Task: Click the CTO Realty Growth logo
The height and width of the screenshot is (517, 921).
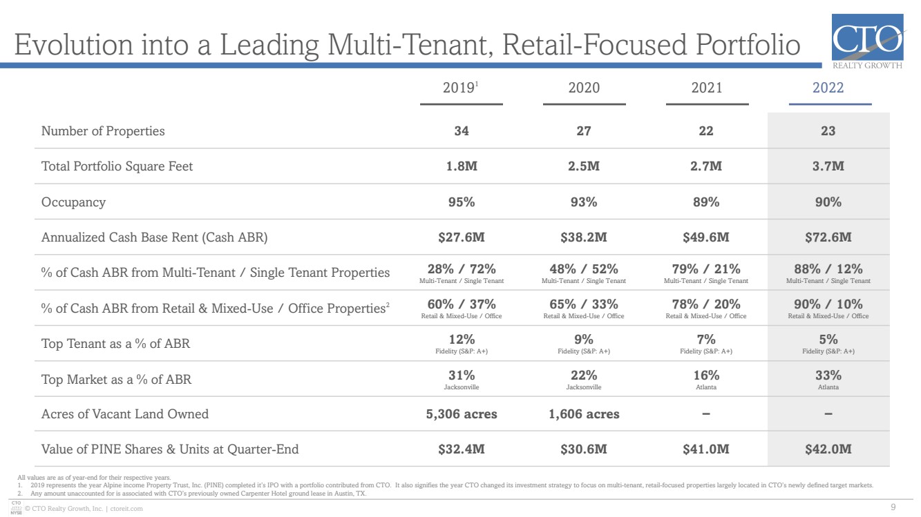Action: click(x=868, y=41)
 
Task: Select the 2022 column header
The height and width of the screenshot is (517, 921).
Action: click(x=828, y=88)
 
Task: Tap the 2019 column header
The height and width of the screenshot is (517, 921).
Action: click(x=460, y=88)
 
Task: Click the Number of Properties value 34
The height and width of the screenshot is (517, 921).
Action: click(x=462, y=131)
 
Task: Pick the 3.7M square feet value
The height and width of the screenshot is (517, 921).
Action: click(x=828, y=166)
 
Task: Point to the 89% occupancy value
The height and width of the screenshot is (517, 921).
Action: click(x=706, y=202)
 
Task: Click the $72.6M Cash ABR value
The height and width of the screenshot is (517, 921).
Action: click(x=828, y=237)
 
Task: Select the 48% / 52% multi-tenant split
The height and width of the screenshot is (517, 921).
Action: click(x=584, y=269)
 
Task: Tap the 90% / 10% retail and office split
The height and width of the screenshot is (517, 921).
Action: click(x=828, y=304)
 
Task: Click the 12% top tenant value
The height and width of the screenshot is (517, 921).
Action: click(x=462, y=340)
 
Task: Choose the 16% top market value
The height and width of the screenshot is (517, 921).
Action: click(x=706, y=375)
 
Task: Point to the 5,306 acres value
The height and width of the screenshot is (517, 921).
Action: click(x=462, y=414)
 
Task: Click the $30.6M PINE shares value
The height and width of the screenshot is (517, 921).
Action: click(x=584, y=449)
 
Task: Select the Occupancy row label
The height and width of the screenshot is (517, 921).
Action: click(x=74, y=202)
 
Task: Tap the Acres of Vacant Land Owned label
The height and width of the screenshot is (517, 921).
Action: click(x=125, y=414)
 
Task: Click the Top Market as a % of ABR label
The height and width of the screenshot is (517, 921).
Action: click(x=116, y=379)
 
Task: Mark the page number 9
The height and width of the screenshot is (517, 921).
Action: click(x=893, y=507)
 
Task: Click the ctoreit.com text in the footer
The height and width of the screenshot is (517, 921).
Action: click(x=126, y=509)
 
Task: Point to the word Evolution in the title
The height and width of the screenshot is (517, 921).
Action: click(x=74, y=44)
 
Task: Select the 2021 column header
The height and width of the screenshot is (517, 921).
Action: click(x=706, y=88)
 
